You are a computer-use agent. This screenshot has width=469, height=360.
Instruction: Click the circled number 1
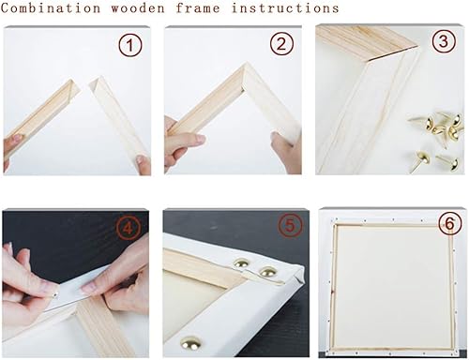(x=130, y=46)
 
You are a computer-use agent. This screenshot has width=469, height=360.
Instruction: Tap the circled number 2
(x=281, y=44)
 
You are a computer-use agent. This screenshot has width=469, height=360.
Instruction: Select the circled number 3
(x=444, y=41)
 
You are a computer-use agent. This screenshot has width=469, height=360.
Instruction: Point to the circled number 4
(x=128, y=229)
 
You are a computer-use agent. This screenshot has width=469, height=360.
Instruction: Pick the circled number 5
(x=290, y=225)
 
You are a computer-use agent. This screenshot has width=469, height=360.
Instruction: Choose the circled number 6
(x=449, y=223)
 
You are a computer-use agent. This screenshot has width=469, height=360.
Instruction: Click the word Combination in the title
(x=51, y=8)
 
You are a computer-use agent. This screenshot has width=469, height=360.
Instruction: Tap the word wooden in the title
(x=138, y=8)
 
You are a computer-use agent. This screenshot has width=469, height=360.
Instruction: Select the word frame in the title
(x=198, y=8)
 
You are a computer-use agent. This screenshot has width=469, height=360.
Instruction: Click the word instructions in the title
(x=285, y=8)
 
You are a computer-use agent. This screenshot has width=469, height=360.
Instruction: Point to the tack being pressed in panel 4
(x=55, y=294)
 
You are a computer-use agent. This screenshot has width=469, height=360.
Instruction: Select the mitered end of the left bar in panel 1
(x=74, y=88)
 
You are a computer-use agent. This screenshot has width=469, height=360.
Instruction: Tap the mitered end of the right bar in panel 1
(x=96, y=84)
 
